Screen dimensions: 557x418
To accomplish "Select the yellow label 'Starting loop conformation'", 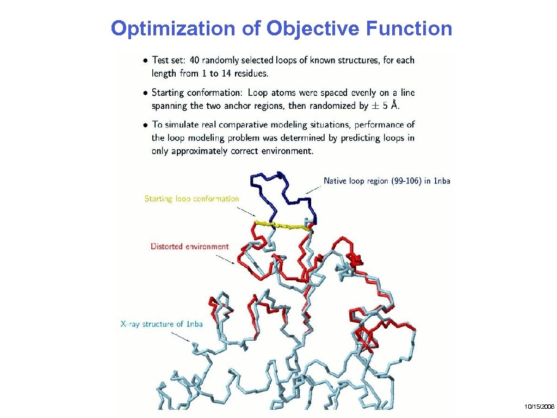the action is click(191, 199).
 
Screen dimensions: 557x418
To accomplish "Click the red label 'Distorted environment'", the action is click(190, 247).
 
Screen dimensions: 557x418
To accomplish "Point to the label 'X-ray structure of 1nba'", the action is click(161, 324).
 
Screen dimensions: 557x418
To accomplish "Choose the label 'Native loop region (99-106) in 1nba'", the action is click(387, 181).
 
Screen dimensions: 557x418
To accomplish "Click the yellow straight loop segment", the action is click(283, 225).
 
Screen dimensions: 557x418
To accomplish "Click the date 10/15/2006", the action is click(539, 407).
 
